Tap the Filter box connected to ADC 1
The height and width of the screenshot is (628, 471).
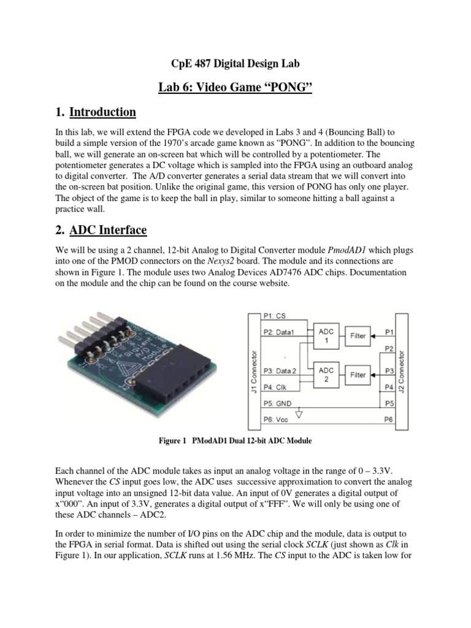tap(358, 336)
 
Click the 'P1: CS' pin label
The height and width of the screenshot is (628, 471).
tap(274, 316)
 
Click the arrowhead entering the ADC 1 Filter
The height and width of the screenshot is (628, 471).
tap(373, 336)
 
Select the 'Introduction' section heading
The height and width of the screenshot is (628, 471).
tap(102, 112)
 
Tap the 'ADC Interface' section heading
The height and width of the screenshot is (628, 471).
tap(108, 230)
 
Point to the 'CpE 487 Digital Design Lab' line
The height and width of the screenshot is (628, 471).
tap(235, 63)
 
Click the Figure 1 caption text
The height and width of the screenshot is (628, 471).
tap(234, 440)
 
